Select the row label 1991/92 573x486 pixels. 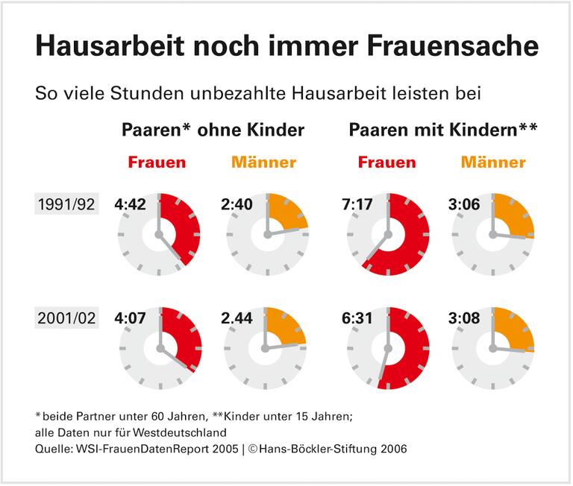click(66, 204)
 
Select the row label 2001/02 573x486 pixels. click(66, 318)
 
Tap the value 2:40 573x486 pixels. click(237, 204)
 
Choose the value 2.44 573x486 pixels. click(237, 318)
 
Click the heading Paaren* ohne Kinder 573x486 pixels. click(213, 130)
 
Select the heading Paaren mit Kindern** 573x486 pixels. click(444, 130)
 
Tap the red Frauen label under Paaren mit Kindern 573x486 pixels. click(386, 162)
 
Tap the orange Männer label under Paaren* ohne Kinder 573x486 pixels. click(263, 162)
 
